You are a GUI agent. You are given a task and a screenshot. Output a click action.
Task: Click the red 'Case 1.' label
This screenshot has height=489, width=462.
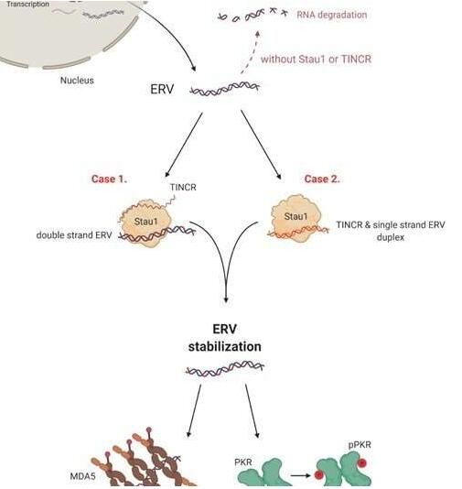[x=110, y=179]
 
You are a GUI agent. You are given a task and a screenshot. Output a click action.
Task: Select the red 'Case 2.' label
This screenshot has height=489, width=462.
[x=322, y=179]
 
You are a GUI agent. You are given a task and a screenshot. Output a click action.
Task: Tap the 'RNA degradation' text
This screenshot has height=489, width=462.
[x=332, y=15]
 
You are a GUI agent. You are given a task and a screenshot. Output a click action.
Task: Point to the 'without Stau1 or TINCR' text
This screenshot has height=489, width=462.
[x=316, y=59]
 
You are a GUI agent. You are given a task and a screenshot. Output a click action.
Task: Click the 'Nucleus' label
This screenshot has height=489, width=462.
[x=77, y=81]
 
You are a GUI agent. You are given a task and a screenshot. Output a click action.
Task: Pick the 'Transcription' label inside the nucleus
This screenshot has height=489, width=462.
[x=27, y=4]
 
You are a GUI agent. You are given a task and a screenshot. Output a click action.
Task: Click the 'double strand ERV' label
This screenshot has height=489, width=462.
[x=74, y=234]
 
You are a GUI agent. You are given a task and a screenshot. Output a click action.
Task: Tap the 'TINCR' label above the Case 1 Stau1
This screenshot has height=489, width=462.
[x=183, y=187]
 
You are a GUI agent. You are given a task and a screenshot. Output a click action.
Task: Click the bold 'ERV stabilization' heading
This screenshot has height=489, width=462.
[x=225, y=338]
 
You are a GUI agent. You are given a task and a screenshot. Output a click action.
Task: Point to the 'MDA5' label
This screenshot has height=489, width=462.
[x=82, y=476]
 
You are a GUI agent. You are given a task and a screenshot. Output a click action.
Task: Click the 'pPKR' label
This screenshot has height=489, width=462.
[x=360, y=444]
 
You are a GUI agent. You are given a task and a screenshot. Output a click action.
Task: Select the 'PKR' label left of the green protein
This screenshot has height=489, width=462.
[x=243, y=462]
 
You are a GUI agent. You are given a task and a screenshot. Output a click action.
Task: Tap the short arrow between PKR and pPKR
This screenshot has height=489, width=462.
[x=301, y=475]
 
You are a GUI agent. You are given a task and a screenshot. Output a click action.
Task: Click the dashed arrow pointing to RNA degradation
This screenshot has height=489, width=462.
[x=250, y=52]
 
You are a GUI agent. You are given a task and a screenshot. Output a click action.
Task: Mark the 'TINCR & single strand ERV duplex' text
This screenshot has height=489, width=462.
[x=391, y=231]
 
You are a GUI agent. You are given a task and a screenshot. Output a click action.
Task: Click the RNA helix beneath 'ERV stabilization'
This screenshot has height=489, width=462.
[x=225, y=368]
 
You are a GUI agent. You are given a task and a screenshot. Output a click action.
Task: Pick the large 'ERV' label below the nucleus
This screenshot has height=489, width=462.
[x=162, y=89]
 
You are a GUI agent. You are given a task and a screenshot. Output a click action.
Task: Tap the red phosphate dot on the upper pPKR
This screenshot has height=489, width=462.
[x=362, y=463]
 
